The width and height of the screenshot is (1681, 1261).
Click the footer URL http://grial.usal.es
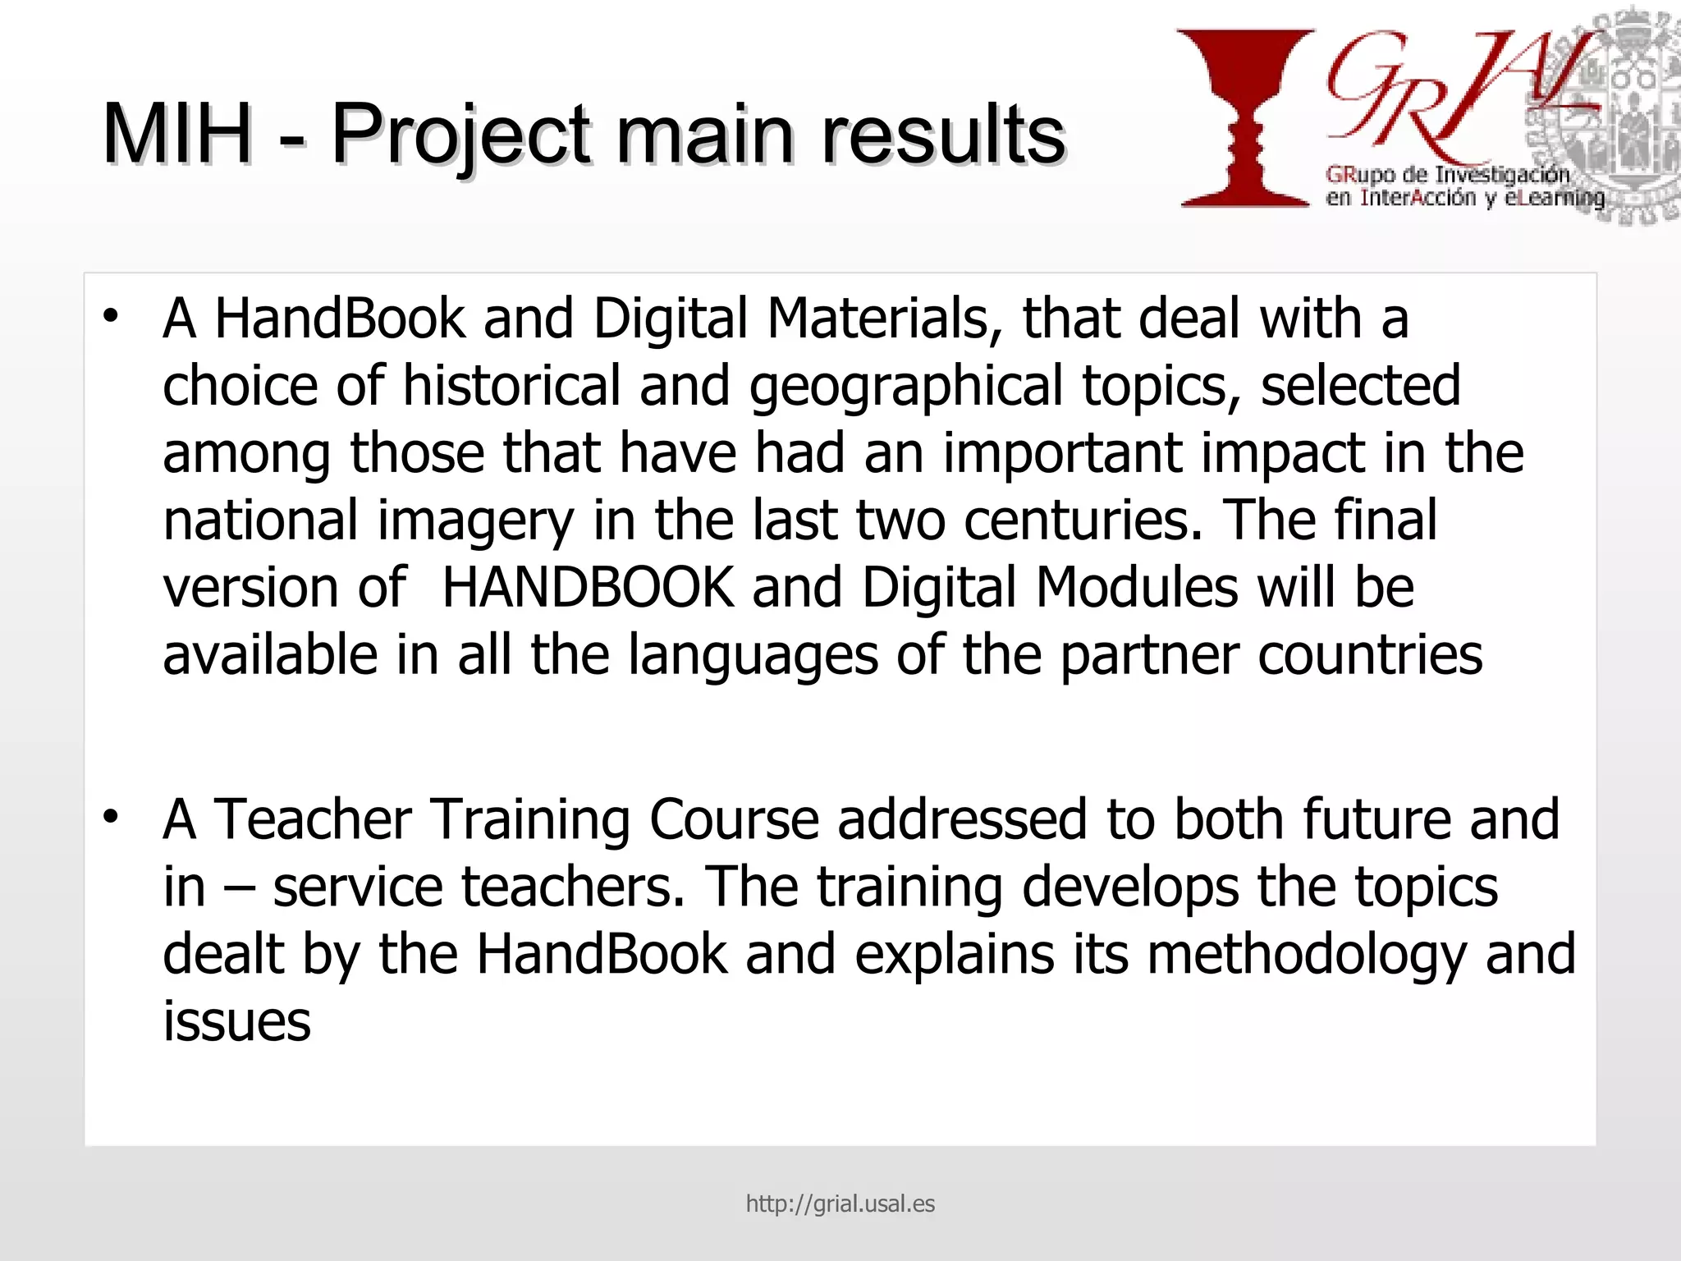[840, 1204]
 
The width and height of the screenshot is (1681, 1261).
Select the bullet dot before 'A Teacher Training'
[111, 817]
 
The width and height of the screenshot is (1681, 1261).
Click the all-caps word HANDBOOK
[587, 588]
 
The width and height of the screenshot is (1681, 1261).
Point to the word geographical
[906, 386]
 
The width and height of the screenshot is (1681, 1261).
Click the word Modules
[1137, 588]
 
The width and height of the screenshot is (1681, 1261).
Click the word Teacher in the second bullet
[313, 819]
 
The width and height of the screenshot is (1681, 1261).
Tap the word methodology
[1306, 956]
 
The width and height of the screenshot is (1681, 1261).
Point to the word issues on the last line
[236, 1021]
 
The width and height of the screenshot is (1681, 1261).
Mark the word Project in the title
[460, 135]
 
